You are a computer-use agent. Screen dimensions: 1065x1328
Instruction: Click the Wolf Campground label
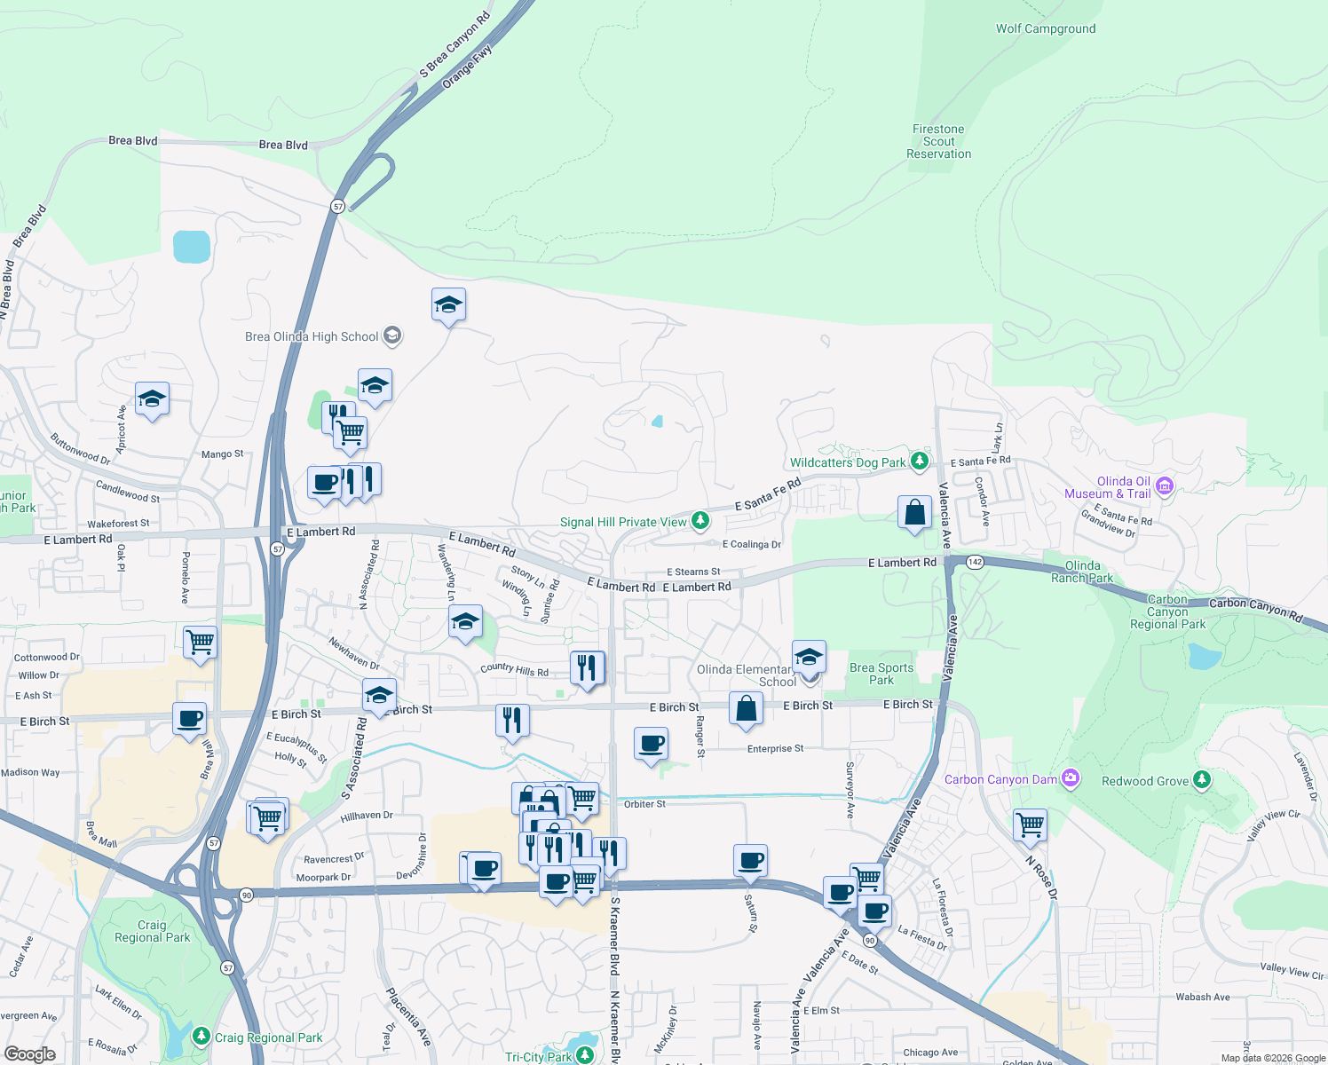click(x=1045, y=28)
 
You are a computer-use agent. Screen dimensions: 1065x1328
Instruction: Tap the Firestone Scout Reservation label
click(x=938, y=141)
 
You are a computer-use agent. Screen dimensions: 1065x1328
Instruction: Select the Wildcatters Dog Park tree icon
click(x=920, y=461)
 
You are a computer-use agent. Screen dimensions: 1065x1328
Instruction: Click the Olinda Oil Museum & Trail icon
click(x=1165, y=485)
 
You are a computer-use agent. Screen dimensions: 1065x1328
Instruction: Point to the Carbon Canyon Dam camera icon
click(x=1071, y=778)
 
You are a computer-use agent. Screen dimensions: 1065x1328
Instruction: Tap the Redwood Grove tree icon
click(x=1201, y=780)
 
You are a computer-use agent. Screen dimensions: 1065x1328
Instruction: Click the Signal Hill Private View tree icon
click(x=700, y=520)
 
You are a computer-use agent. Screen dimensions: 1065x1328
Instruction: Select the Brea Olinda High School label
click(x=312, y=336)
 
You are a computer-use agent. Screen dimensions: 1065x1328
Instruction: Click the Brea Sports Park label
click(x=881, y=674)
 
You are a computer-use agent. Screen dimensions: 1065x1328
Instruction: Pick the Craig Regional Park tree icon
click(x=202, y=1037)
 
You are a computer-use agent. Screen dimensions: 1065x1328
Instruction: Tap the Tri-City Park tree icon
click(x=584, y=1055)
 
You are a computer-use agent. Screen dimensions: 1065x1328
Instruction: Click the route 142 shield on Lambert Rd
click(x=975, y=562)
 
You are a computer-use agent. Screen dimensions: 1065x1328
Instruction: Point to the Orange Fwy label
click(x=467, y=66)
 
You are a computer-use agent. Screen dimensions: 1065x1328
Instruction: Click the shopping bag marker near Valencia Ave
click(x=914, y=513)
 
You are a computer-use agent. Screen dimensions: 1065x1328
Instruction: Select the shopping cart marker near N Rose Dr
click(x=1031, y=824)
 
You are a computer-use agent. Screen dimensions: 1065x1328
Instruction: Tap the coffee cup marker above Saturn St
click(x=750, y=860)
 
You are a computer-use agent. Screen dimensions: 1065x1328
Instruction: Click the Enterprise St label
click(x=775, y=748)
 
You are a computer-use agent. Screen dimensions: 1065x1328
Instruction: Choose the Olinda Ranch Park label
click(x=1082, y=572)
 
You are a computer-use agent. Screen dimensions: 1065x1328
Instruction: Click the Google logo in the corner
click(x=29, y=1053)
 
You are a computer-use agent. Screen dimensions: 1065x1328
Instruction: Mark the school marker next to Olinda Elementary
click(x=809, y=658)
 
